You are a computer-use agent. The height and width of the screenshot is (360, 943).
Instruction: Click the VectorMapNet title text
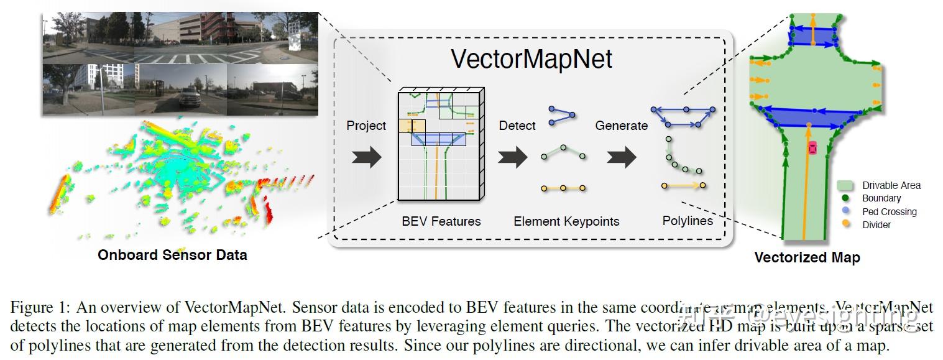coord(531,59)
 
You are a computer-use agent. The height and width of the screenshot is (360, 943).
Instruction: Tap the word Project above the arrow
coord(366,126)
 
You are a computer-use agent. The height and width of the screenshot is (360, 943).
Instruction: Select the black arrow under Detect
coord(512,157)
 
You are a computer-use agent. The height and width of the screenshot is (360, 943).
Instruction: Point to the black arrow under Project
coord(367,157)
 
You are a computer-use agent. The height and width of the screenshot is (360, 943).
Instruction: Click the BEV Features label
coord(441,221)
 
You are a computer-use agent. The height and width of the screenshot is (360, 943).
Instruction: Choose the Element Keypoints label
coord(566,221)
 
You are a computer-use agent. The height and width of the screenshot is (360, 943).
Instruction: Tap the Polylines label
coord(688,221)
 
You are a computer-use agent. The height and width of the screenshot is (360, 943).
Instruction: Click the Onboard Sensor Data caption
coord(172,254)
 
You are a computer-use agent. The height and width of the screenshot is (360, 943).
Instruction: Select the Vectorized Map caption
coord(807,257)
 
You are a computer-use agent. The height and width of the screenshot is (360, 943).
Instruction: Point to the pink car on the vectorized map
coord(812,149)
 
